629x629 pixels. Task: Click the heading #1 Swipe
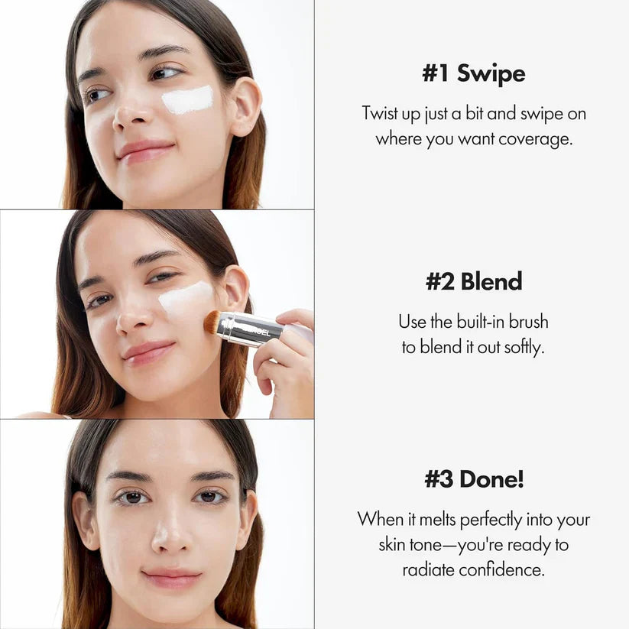(x=473, y=74)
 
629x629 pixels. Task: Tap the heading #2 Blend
(x=473, y=281)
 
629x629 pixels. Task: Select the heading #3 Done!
(x=474, y=480)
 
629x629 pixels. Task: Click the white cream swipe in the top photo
(x=187, y=100)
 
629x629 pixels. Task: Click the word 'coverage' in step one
(x=534, y=140)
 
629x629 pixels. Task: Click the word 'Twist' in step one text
(x=380, y=114)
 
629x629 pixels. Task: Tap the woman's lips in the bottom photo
(x=171, y=577)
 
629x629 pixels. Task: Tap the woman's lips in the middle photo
(x=148, y=352)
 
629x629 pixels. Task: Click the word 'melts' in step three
(x=436, y=519)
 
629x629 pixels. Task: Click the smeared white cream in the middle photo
(x=186, y=297)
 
